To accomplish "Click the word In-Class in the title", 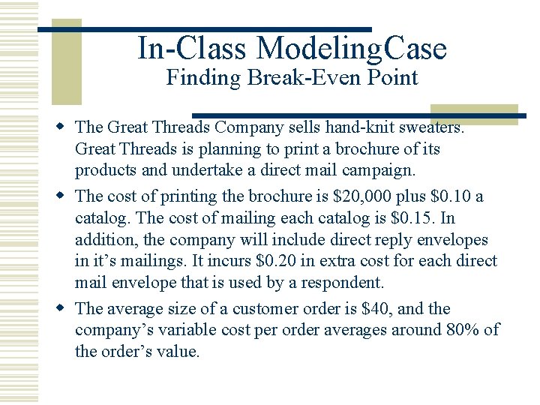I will click(x=191, y=49).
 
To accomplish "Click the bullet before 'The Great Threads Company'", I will click(x=66, y=127).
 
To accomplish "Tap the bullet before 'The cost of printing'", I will click(x=66, y=196).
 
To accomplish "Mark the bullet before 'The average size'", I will click(x=66, y=307).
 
